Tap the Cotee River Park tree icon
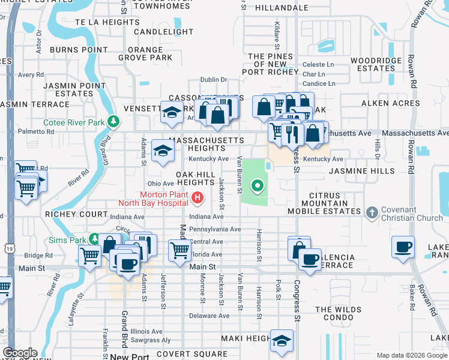[112, 122]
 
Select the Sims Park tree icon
[94, 239]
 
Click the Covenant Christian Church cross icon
[372, 212]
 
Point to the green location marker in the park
[258, 186]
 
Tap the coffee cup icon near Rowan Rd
[402, 247]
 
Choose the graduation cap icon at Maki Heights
[280, 340]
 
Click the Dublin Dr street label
[214, 79]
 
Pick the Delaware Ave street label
[209, 316]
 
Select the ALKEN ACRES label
[390, 103]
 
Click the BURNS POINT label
[79, 49]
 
